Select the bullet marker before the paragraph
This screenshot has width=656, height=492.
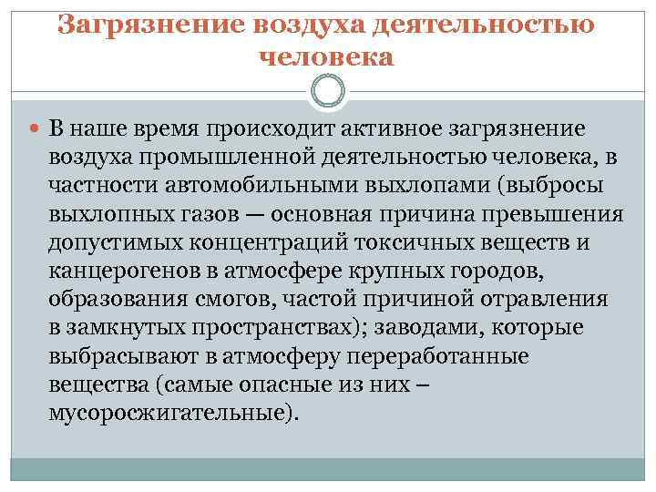(x=34, y=131)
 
